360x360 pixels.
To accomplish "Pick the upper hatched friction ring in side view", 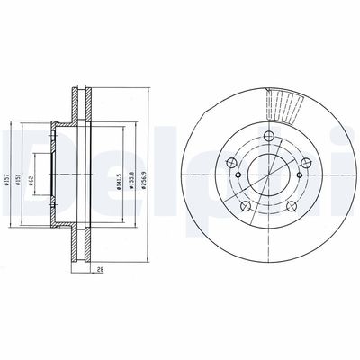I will click(x=81, y=108).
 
